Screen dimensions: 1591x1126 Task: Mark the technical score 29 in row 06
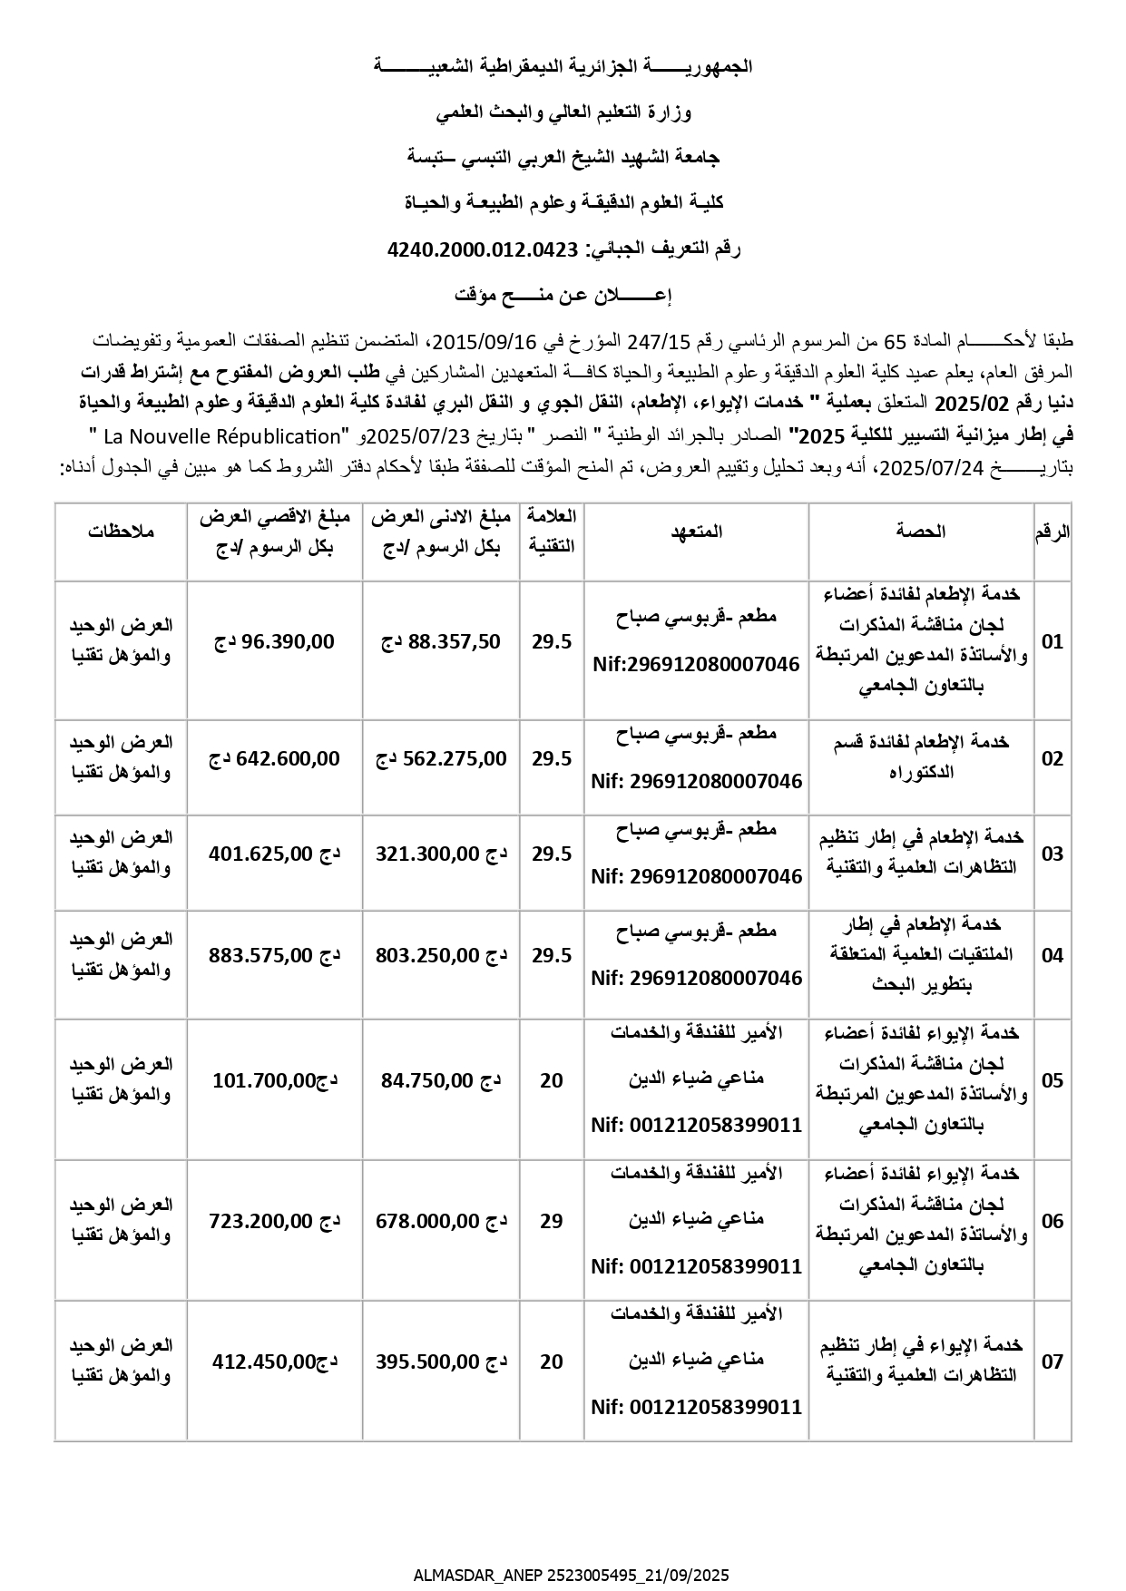point(552,1221)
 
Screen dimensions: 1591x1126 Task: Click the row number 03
point(1053,854)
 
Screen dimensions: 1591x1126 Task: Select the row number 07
point(1053,1362)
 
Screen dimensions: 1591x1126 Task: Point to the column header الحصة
point(921,532)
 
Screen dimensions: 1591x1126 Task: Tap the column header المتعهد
point(696,532)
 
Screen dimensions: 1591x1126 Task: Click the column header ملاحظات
point(122,532)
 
